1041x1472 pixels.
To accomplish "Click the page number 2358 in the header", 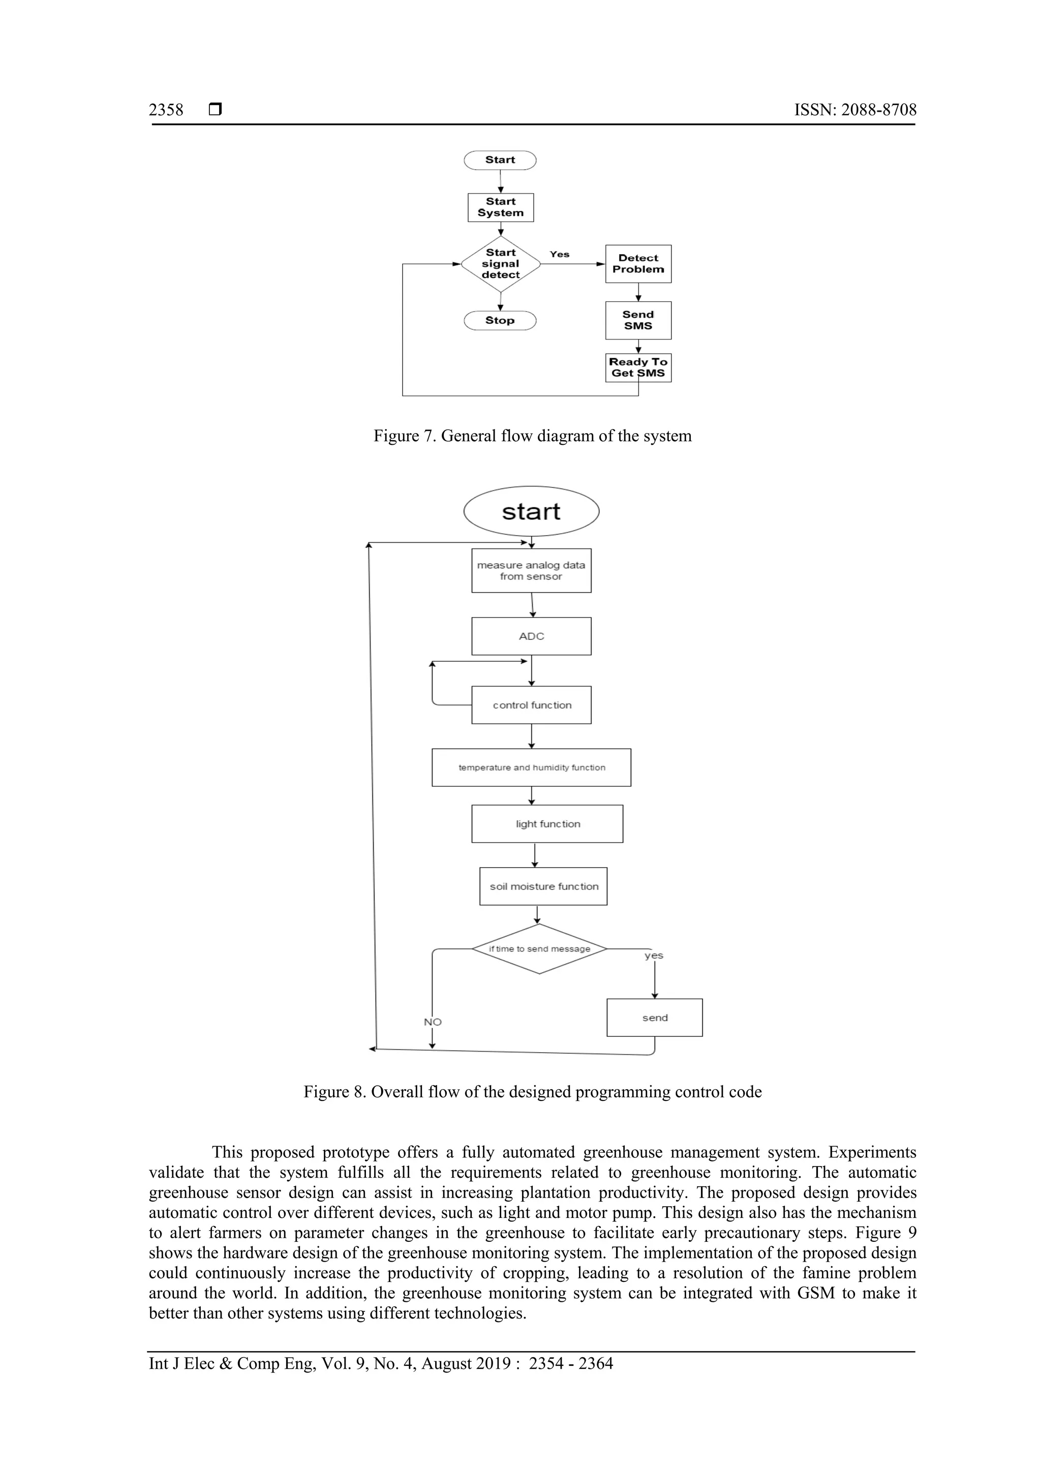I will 166,110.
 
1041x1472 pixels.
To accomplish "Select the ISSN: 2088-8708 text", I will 855,110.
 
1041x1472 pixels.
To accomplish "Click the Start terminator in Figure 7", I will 500,160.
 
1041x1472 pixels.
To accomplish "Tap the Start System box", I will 501,208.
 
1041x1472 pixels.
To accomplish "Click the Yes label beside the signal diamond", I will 560,255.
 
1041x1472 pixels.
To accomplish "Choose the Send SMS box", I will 638,321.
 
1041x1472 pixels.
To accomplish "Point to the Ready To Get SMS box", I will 638,367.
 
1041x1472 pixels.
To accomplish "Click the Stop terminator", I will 500,321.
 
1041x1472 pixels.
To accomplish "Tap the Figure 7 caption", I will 532,436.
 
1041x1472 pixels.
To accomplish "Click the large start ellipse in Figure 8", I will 531,512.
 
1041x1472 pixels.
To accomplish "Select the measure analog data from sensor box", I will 531,571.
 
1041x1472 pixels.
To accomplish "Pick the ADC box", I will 531,636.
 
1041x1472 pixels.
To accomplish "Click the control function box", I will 531,705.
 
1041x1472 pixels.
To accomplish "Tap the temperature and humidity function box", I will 531,768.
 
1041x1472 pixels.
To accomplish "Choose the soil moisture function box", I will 543,886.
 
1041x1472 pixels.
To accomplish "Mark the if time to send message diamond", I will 540,949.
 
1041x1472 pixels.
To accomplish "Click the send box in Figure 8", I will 655,1018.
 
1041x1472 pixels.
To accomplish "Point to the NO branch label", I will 433,1022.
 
